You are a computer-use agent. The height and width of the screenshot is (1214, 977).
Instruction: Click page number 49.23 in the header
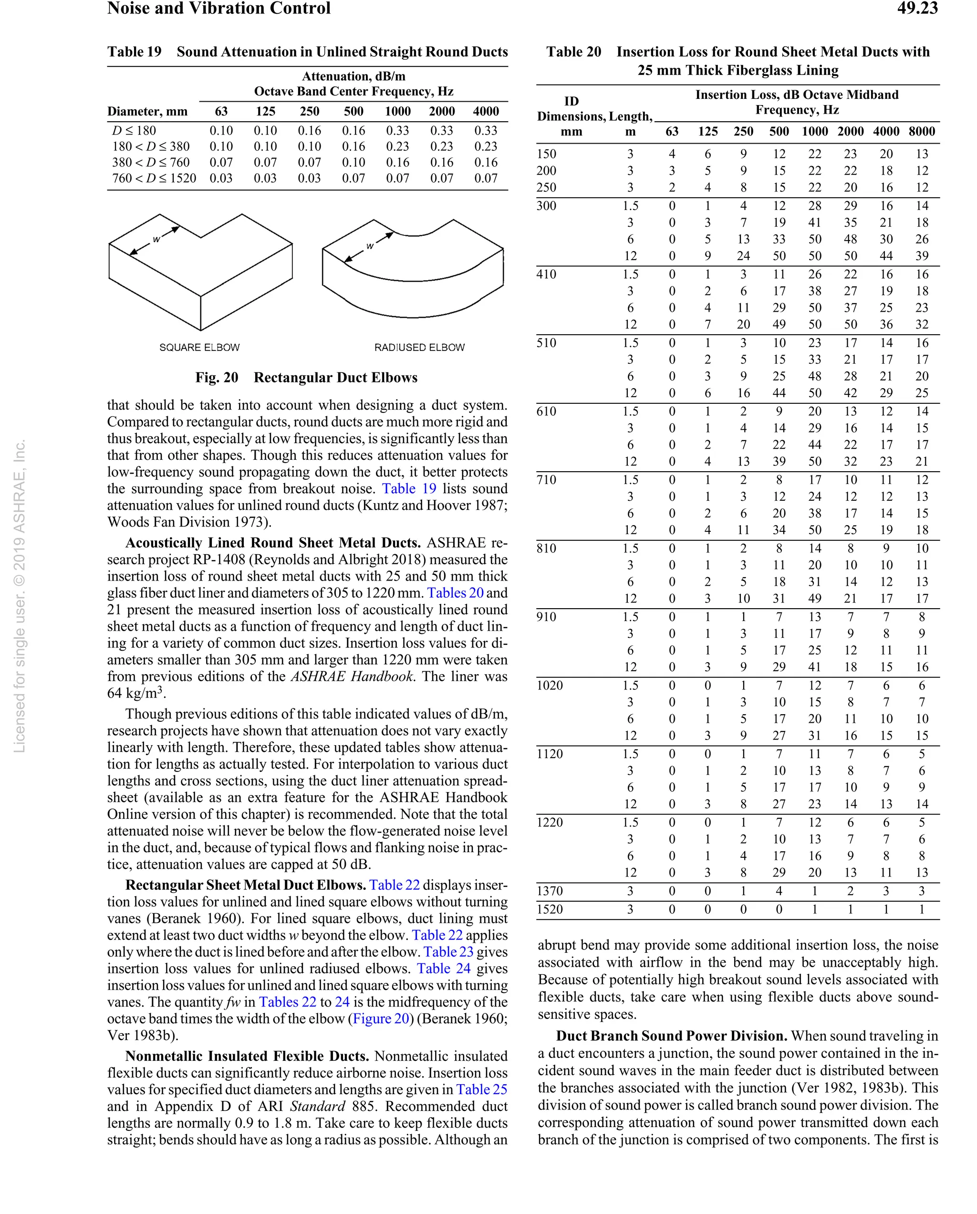click(x=917, y=9)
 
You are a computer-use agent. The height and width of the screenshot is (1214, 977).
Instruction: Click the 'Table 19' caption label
click(x=134, y=52)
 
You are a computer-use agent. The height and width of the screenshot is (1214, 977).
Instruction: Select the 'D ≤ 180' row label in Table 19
click(x=134, y=131)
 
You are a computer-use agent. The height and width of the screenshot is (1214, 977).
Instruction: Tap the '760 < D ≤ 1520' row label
click(x=154, y=179)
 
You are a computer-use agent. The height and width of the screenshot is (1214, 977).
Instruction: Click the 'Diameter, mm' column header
click(x=147, y=112)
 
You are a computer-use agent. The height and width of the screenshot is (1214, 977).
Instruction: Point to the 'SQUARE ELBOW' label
click(x=199, y=348)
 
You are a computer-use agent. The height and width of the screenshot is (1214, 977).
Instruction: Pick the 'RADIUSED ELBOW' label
click(x=419, y=348)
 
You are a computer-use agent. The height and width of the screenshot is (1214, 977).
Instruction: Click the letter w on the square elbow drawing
click(x=156, y=239)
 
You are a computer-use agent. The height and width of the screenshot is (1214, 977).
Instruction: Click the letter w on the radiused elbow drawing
click(x=370, y=246)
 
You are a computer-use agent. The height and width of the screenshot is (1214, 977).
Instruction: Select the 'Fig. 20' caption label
click(x=217, y=378)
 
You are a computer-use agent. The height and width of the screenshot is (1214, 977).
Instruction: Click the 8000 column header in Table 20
click(x=921, y=132)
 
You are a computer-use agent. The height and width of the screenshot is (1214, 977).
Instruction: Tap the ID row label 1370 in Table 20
click(x=549, y=891)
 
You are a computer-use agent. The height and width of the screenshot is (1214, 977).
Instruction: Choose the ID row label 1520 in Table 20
click(x=549, y=909)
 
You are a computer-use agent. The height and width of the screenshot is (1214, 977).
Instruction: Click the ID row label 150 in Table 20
click(x=546, y=154)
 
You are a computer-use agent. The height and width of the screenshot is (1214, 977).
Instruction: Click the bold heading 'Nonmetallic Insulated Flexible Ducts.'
click(x=247, y=1056)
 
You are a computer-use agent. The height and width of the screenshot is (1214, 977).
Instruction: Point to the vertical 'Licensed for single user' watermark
click(x=19, y=597)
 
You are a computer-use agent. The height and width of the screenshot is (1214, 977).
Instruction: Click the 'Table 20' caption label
click(x=573, y=52)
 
